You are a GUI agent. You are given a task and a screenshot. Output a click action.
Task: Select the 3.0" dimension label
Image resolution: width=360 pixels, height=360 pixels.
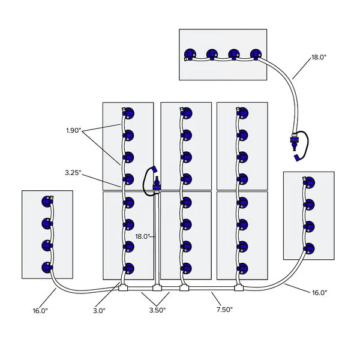[100, 310]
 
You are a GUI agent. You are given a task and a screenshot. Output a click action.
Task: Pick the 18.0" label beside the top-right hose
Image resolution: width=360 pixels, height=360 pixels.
[319, 58]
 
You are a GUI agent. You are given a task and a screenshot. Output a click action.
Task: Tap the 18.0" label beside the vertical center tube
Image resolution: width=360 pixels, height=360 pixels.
[143, 236]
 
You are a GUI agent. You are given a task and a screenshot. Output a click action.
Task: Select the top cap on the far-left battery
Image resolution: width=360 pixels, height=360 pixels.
[47, 201]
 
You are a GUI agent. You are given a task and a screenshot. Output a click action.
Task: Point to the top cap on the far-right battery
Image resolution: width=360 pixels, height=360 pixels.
[309, 182]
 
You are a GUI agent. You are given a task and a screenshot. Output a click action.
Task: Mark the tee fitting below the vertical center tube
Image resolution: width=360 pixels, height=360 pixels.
[156, 288]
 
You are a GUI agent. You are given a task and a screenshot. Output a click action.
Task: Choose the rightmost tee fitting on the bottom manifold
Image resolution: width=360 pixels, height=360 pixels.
[240, 288]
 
